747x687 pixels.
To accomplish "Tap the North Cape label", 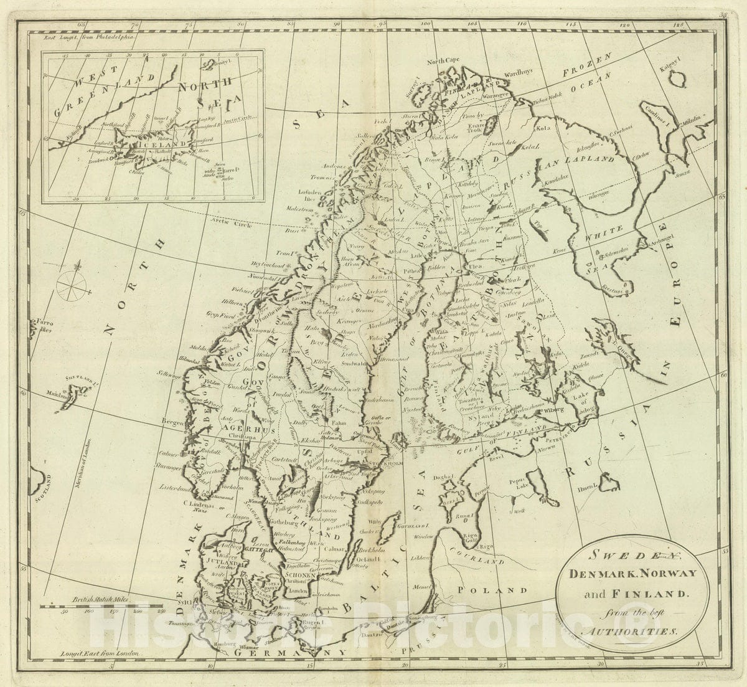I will pyautogui.click(x=442, y=61).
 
